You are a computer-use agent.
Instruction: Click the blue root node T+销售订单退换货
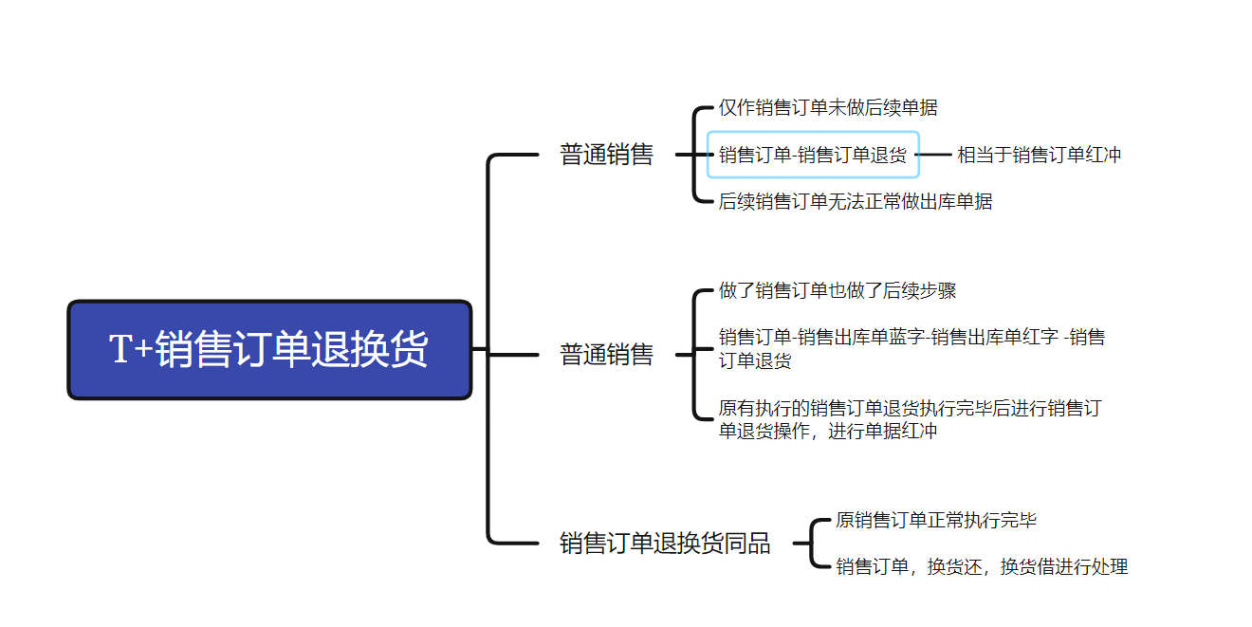point(269,349)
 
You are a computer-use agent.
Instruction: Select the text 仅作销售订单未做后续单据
point(828,108)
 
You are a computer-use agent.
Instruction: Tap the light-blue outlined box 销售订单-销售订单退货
point(813,155)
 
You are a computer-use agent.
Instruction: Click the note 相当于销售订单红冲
point(1039,155)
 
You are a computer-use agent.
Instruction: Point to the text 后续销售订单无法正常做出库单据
point(856,201)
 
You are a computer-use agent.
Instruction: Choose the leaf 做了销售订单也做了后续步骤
point(838,291)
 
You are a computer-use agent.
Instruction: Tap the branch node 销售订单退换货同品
point(665,544)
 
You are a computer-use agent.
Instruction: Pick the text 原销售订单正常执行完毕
point(936,520)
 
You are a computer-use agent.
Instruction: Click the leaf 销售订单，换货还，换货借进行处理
point(982,566)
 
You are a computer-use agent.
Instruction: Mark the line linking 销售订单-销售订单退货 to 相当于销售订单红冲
point(934,155)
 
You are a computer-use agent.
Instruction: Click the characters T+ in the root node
point(131,349)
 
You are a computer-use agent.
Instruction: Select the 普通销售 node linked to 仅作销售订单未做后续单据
point(607,155)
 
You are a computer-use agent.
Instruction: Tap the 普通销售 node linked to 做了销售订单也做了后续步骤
point(607,355)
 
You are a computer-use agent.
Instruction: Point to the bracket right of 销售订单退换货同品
point(813,544)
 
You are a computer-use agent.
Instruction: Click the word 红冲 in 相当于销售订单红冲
point(1102,155)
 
